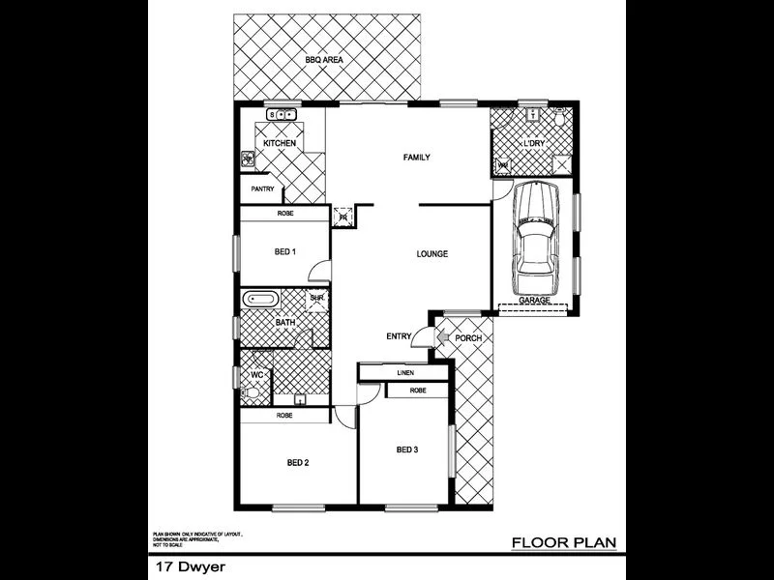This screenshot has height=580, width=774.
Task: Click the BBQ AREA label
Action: [x=325, y=60]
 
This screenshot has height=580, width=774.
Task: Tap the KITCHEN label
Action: [x=280, y=144]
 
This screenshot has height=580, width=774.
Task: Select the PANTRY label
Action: [x=263, y=189]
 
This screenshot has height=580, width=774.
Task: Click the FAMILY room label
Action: [x=416, y=158]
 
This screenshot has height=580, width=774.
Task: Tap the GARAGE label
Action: [x=534, y=301]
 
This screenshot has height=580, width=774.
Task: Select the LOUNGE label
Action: [x=432, y=254]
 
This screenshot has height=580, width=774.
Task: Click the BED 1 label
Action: [x=284, y=252]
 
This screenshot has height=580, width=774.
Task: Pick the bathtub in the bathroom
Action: [x=259, y=299]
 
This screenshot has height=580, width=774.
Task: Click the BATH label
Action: [x=285, y=323]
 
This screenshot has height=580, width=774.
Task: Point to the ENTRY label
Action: [x=399, y=336]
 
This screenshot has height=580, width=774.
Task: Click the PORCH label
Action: [x=468, y=338]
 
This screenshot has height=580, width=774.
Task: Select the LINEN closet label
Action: [x=405, y=372]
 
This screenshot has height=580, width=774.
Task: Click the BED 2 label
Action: [x=298, y=462]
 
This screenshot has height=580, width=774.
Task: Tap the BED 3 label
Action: [x=407, y=449]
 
